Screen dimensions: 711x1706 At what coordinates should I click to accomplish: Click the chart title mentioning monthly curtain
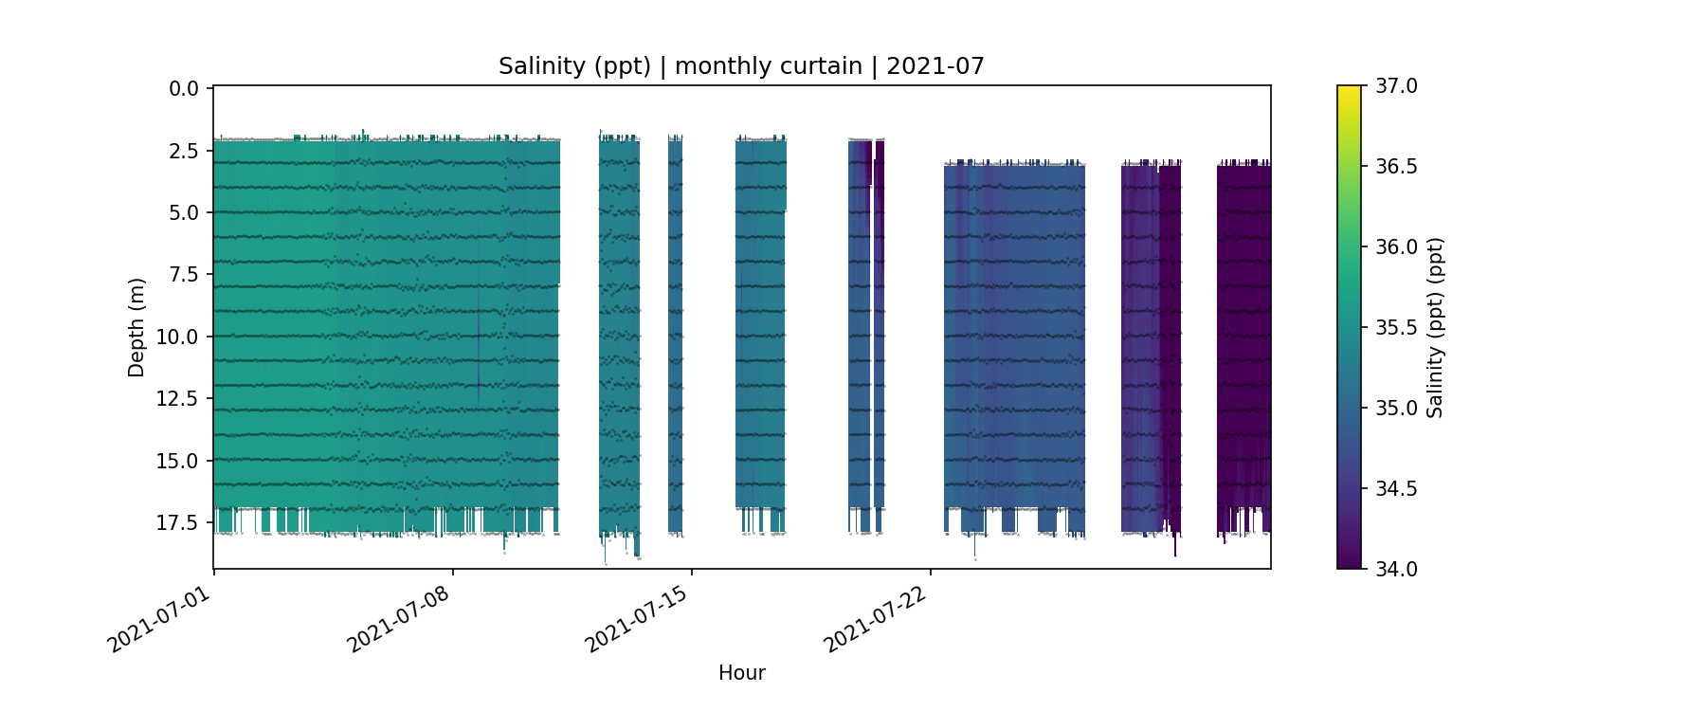click(741, 66)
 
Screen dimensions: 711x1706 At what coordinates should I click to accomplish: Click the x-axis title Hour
click(741, 673)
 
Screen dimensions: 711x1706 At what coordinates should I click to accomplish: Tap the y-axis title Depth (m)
click(136, 327)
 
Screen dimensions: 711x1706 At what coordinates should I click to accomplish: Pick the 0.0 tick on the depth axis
click(184, 89)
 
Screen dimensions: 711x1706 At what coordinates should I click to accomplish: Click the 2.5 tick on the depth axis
click(184, 151)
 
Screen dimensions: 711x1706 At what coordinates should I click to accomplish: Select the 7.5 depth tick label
click(184, 275)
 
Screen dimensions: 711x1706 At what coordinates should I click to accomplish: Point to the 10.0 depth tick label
click(179, 337)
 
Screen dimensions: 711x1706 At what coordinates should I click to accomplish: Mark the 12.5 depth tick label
click(179, 398)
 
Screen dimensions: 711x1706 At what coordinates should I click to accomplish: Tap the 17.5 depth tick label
click(179, 522)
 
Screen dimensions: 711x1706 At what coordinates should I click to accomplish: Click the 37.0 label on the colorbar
click(1396, 86)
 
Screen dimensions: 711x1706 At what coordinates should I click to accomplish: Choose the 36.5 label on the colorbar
click(1396, 167)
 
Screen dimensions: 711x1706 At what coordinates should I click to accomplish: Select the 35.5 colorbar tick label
click(1396, 328)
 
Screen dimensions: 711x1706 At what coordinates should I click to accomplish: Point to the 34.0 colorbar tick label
click(1396, 569)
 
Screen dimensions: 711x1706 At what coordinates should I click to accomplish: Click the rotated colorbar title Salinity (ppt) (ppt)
click(1435, 327)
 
